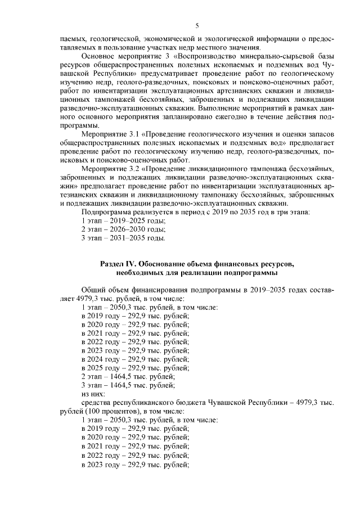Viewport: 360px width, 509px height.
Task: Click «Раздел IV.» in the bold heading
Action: pyautogui.click(x=118, y=264)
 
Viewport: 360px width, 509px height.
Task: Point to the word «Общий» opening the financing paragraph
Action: pyautogui.click(x=93, y=290)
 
